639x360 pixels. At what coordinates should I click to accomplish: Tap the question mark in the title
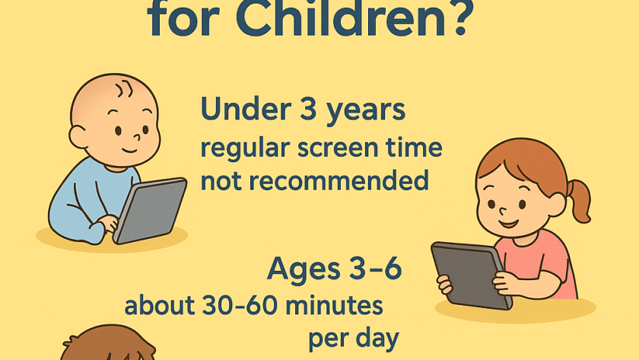(460, 18)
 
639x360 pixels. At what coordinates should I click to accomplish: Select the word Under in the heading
(246, 109)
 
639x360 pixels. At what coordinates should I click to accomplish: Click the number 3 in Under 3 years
(309, 109)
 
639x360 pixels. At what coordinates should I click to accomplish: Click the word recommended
(339, 181)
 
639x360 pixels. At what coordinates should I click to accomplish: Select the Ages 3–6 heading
(334, 268)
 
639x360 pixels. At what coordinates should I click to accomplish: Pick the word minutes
(334, 305)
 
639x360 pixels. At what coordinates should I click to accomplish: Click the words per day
(354, 339)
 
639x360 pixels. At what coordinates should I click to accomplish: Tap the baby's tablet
(150, 210)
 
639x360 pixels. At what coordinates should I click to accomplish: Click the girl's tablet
(472, 276)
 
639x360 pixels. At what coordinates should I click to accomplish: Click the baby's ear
(78, 136)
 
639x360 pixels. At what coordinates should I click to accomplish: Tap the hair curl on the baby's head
(124, 89)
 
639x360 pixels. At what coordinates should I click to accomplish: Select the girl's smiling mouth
(510, 224)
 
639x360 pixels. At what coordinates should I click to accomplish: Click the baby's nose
(136, 136)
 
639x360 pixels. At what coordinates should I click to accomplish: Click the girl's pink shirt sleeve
(552, 255)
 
